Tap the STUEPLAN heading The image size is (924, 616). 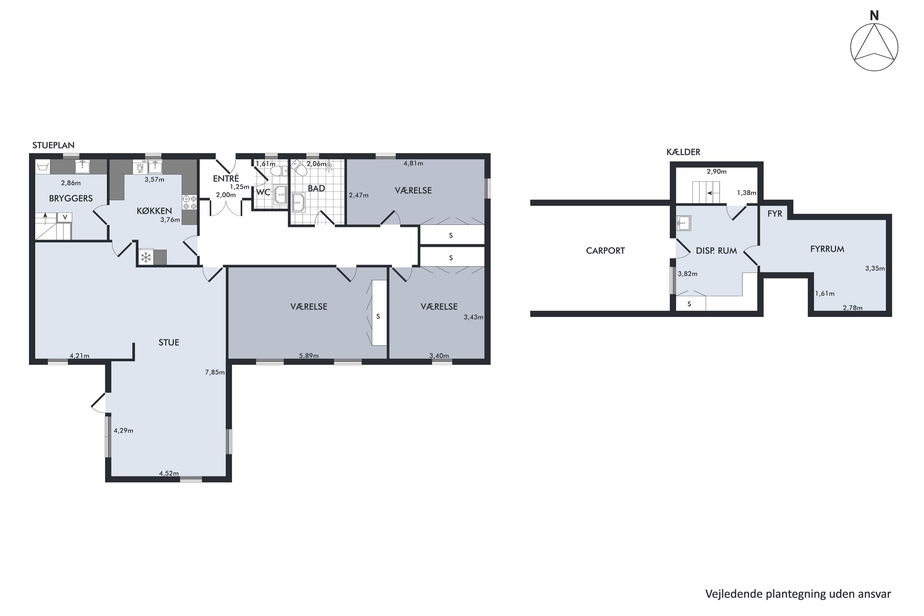[x=53, y=145]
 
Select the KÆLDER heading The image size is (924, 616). [x=683, y=152]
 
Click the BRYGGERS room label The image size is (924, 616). [x=71, y=198]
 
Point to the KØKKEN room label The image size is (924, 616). [x=154, y=211]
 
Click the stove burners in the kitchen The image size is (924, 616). [x=189, y=203]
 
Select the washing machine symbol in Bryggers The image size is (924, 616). [x=43, y=167]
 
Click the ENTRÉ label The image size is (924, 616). [x=226, y=179]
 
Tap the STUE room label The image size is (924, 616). [x=169, y=342]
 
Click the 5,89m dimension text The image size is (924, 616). [x=309, y=356]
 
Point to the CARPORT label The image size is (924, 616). [x=606, y=251]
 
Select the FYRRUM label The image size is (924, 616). [x=827, y=249]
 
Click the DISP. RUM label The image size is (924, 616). [x=717, y=251]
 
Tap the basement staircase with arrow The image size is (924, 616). [x=706, y=192]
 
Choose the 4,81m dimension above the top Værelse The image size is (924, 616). [x=413, y=164]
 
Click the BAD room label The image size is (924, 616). [x=317, y=188]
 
